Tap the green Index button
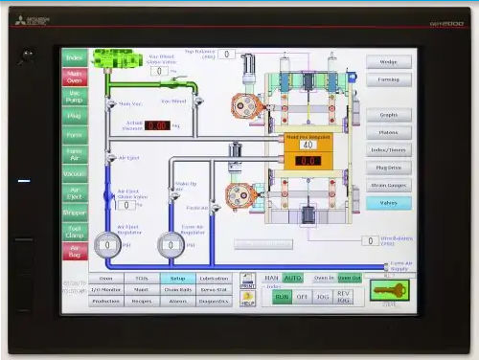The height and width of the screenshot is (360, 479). point(75,57)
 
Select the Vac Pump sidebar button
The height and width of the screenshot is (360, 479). point(75,96)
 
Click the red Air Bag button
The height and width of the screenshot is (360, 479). point(75,251)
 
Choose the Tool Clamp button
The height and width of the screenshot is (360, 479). point(75,232)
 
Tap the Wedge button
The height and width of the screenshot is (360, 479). point(388,61)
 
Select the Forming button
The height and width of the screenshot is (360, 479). point(388,79)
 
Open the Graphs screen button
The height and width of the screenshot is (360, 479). point(388,115)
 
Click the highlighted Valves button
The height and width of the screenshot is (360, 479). point(388,203)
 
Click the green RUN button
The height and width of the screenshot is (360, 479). point(282,297)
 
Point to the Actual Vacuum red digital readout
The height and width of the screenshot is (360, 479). point(157,125)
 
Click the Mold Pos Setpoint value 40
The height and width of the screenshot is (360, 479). point(308,146)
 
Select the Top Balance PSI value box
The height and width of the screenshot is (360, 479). point(226,55)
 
